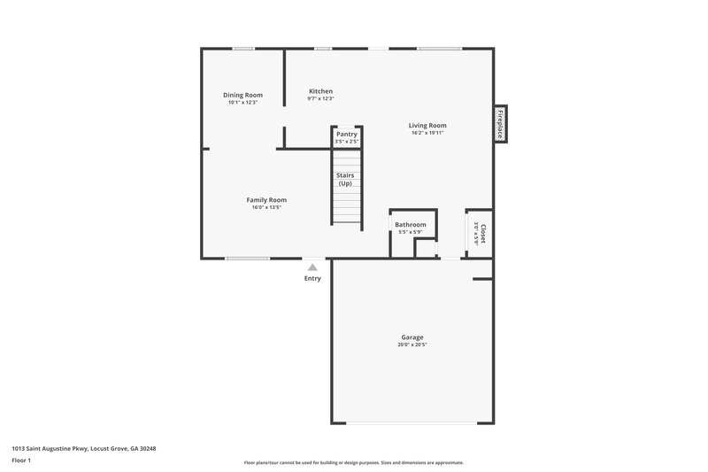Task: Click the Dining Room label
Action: coord(242,95)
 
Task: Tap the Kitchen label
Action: coord(320,91)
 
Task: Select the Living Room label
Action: coord(427,126)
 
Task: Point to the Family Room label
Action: coord(266,200)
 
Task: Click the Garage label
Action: coord(412,337)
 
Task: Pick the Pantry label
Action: coord(346,135)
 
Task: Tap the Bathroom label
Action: coord(410,225)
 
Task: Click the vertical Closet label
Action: coord(483,233)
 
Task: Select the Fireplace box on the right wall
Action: coord(500,124)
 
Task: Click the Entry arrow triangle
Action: coord(312,266)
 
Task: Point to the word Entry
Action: coord(312,278)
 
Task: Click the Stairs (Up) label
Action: coord(345,179)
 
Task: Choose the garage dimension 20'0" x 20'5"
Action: coord(412,344)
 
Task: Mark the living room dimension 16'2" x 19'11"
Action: coord(427,133)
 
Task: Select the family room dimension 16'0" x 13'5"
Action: coord(266,208)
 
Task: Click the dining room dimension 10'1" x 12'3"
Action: coord(242,103)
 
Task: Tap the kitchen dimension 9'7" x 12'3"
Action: coord(320,98)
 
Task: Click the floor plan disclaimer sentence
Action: coord(353,462)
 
